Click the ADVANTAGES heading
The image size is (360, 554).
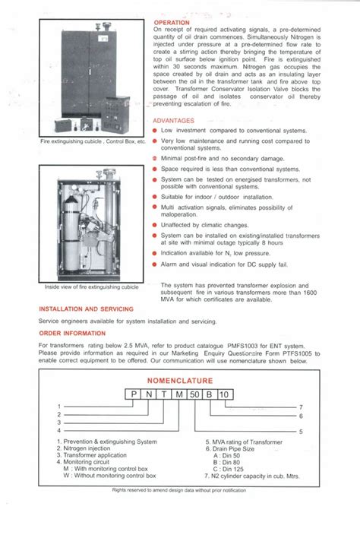[173, 121]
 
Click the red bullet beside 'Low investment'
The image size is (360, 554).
[155, 131]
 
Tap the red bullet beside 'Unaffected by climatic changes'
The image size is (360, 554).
[155, 226]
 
